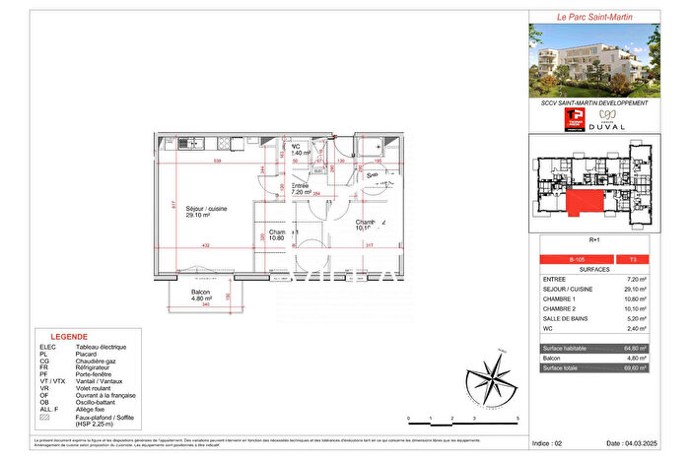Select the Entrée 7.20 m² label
[301, 189]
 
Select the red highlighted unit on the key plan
[586, 205]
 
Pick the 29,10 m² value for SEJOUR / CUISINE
[635, 290]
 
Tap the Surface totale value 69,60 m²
[635, 367]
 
